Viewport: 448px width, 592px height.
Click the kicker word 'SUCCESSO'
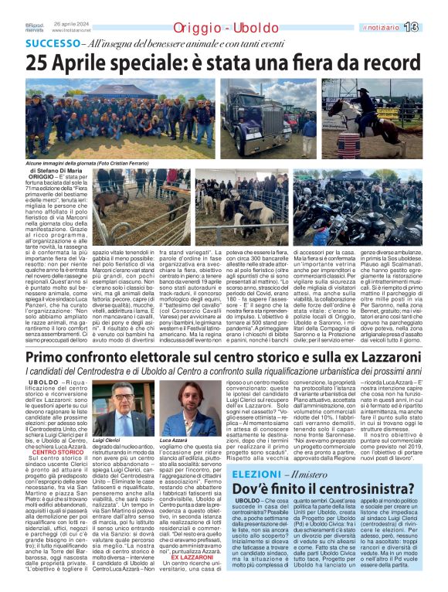[x=53, y=44]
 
